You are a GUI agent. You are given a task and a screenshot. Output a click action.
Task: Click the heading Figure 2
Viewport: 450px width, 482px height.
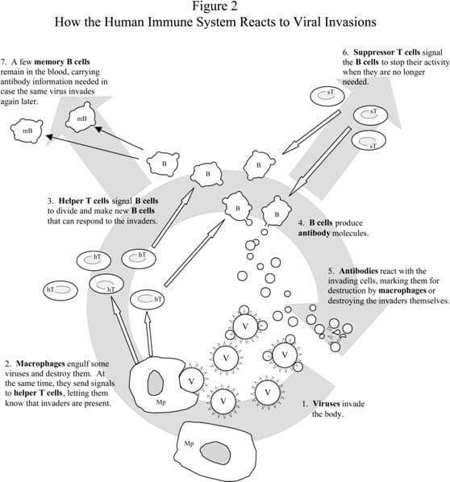(215, 6)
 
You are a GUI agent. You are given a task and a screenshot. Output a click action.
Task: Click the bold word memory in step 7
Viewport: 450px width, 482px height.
(49, 62)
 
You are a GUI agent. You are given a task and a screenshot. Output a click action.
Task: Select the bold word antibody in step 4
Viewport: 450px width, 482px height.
(314, 233)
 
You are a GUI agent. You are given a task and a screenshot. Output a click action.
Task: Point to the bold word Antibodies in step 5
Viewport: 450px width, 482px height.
(358, 271)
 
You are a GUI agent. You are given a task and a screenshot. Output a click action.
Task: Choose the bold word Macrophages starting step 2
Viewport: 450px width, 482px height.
(40, 364)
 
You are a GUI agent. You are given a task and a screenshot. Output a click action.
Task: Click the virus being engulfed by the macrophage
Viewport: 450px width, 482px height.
(192, 381)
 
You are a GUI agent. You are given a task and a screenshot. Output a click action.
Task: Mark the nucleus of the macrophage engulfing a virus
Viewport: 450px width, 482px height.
(156, 382)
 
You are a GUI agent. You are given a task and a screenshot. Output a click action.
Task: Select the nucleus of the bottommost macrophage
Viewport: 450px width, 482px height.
(215, 453)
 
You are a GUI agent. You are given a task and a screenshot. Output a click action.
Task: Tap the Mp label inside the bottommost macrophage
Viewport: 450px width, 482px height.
(189, 443)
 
